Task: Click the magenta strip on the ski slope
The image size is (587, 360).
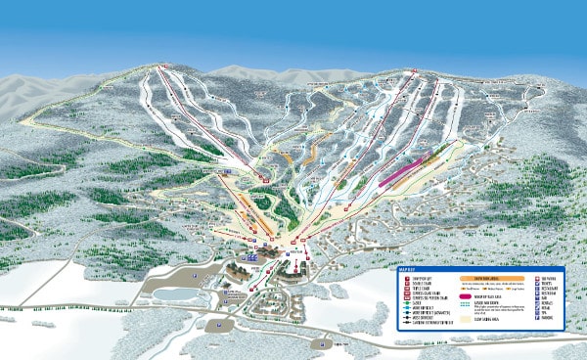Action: (405, 170)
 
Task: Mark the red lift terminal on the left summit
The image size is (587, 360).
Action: (162, 67)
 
